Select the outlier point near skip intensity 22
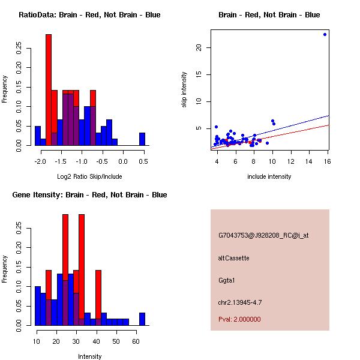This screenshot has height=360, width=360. point(325,34)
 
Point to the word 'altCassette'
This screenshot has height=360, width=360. point(233,258)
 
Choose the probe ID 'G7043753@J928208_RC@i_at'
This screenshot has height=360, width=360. point(263,236)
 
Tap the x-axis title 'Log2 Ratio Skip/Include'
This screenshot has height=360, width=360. point(89,176)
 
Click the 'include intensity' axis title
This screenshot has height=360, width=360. point(269,176)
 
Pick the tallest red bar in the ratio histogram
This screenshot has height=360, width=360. point(49,90)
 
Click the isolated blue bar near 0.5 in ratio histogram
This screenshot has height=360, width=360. point(142,139)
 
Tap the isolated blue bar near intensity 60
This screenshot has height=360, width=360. point(142,319)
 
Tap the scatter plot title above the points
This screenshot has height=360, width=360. point(269,15)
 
